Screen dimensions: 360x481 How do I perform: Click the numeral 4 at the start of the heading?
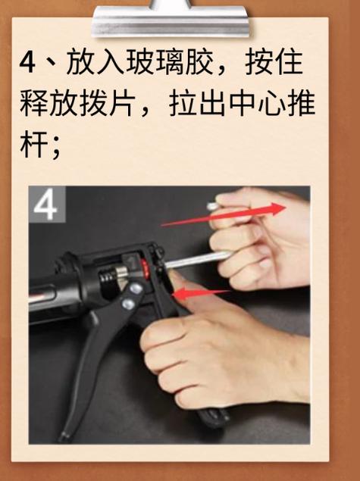tap(27, 63)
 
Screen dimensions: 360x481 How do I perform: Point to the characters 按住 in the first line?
tap(274, 62)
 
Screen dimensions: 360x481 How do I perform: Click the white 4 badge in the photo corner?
tap(47, 204)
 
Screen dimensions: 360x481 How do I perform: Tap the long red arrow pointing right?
tap(224, 215)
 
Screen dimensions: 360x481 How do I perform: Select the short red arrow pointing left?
tap(202, 294)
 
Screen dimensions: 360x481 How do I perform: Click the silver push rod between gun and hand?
tap(197, 258)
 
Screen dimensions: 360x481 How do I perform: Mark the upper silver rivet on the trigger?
tap(136, 289)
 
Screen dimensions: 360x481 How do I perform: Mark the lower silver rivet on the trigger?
tap(128, 304)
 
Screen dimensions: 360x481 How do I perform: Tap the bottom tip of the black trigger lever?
tap(64, 436)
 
